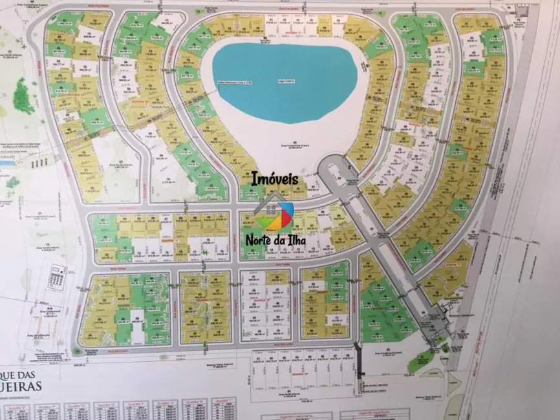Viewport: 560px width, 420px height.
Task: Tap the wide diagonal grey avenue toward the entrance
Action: [388, 252]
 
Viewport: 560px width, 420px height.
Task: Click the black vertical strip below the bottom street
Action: [361, 365]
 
